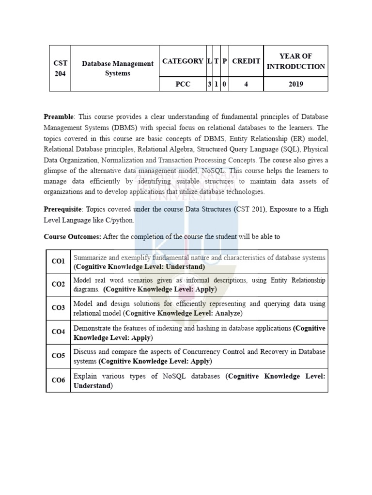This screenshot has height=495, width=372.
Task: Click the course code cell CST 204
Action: tap(61, 68)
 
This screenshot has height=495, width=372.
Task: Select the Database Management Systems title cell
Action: tap(117, 68)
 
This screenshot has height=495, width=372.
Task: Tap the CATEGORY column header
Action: tap(183, 61)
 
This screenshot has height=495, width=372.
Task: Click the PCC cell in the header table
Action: tap(183, 84)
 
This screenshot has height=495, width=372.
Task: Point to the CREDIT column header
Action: tap(246, 61)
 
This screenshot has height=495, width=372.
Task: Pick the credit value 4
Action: tap(246, 84)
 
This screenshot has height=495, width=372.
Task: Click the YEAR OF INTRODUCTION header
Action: tap(295, 61)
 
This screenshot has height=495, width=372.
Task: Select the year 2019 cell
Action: tap(295, 84)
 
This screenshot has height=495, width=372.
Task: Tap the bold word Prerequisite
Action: tap(62, 209)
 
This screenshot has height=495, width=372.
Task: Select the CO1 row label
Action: tap(58, 262)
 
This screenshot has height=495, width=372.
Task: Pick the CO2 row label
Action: tap(58, 285)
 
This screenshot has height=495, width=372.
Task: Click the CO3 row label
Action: tap(58, 308)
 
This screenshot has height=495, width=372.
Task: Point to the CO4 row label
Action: tap(58, 332)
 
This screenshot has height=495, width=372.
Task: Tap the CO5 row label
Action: tap(58, 356)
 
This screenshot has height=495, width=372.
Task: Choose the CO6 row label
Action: tap(58, 380)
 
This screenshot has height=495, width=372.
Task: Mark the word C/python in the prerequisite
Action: tap(119, 220)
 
